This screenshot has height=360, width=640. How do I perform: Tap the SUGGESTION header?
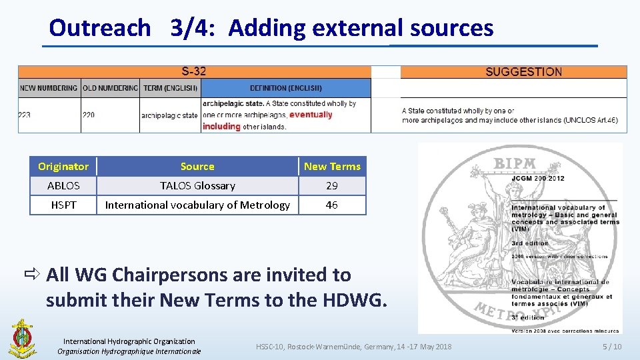click(523, 72)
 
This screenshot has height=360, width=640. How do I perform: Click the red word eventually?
click(311, 115)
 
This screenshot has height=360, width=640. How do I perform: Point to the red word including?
click(221, 126)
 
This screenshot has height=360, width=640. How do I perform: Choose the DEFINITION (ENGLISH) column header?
click(286, 88)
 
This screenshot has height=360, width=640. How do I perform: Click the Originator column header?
click(63, 166)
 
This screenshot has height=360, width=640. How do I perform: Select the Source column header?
click(197, 166)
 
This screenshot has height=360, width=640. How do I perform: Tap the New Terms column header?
click(332, 166)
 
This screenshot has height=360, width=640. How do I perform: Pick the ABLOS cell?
click(63, 185)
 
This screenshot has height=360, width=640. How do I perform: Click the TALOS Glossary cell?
click(197, 185)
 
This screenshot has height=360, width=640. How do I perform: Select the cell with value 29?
click(332, 185)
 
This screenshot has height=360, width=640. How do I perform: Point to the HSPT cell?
click(63, 205)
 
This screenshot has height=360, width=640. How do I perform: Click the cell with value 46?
click(332, 205)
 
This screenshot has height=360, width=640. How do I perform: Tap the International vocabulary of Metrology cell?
click(197, 205)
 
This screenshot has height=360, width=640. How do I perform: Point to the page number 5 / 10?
click(611, 347)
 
